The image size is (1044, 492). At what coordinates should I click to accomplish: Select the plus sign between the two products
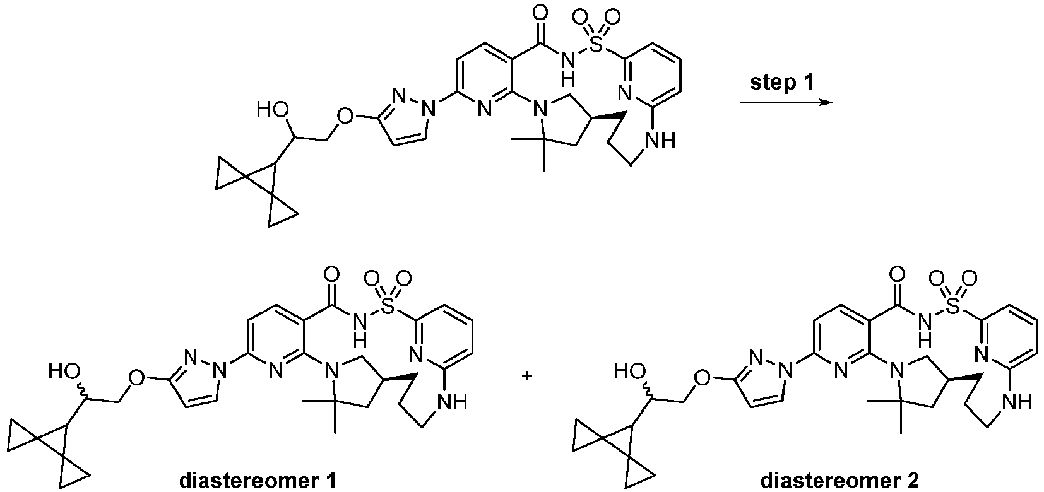point(528,376)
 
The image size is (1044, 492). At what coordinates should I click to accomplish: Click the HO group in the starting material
point(271,111)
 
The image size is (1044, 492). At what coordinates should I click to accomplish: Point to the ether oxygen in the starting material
point(343,116)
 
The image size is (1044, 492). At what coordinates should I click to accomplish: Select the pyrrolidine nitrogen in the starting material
point(540,112)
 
